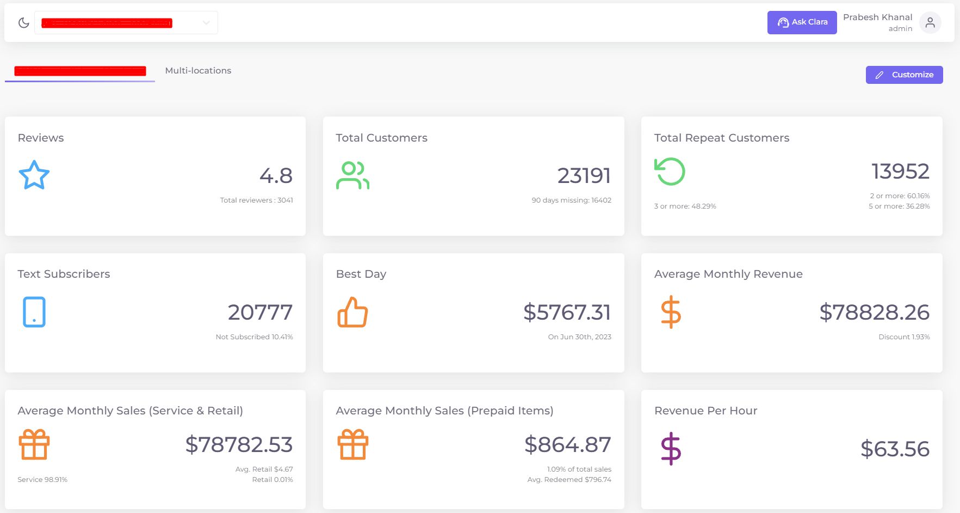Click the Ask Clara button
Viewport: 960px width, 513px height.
point(802,22)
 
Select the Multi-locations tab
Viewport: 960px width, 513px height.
point(198,71)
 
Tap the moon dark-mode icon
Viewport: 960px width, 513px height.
point(23,23)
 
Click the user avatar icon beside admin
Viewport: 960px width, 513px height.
point(930,23)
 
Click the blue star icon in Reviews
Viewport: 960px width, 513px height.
point(34,175)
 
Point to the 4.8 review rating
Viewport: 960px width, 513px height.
point(276,175)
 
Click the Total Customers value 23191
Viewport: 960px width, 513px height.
point(584,175)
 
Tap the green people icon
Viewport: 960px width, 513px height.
point(352,175)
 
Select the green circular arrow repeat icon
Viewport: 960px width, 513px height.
point(670,172)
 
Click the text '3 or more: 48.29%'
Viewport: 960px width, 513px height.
point(685,206)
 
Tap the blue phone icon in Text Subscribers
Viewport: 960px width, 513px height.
point(34,312)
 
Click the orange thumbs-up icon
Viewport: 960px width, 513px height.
point(352,312)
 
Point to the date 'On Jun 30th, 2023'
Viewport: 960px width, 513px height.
point(579,337)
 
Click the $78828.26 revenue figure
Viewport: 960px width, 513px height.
point(874,312)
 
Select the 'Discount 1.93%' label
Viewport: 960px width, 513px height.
point(903,337)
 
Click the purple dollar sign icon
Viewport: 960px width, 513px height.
point(671,449)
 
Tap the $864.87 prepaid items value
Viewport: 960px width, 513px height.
point(567,444)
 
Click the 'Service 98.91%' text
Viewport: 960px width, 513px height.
point(42,480)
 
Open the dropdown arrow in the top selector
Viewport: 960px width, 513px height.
point(206,23)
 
